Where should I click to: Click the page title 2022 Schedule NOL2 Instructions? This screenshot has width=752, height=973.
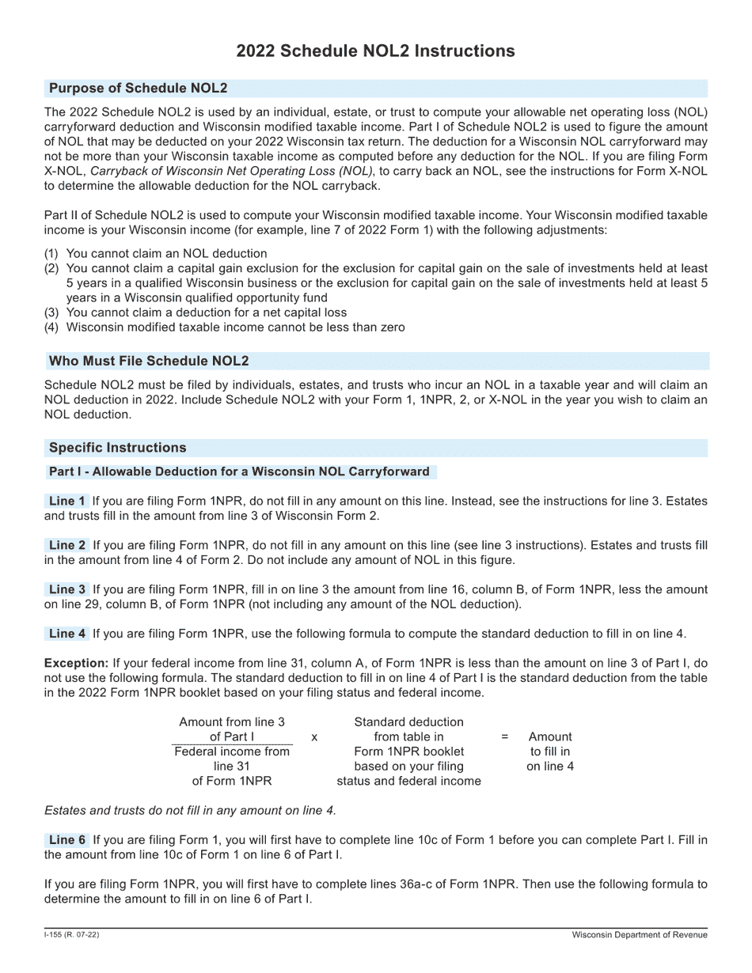pos(375,51)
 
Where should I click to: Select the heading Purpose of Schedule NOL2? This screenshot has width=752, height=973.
pos(138,88)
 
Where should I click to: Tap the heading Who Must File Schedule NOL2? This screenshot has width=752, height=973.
pos(149,362)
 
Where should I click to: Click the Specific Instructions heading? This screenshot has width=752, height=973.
pos(117,448)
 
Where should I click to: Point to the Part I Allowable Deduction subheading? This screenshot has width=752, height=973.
pos(239,472)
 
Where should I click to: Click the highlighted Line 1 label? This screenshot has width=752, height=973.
pos(67,502)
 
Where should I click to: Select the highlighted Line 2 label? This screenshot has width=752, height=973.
pos(67,546)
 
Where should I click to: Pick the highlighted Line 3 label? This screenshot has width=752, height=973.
pos(67,590)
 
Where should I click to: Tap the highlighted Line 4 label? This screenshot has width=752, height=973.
pos(67,634)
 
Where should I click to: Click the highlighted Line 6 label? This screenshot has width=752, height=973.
pos(67,840)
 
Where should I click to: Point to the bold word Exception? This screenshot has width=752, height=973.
pos(76,663)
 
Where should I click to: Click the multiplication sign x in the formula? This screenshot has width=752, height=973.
pos(314,737)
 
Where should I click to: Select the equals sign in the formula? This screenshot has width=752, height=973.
pos(504,737)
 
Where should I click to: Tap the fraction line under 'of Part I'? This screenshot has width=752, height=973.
pos(232,744)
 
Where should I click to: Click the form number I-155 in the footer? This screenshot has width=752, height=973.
pos(71,936)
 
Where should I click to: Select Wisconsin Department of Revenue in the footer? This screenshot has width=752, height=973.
pos(640,936)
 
